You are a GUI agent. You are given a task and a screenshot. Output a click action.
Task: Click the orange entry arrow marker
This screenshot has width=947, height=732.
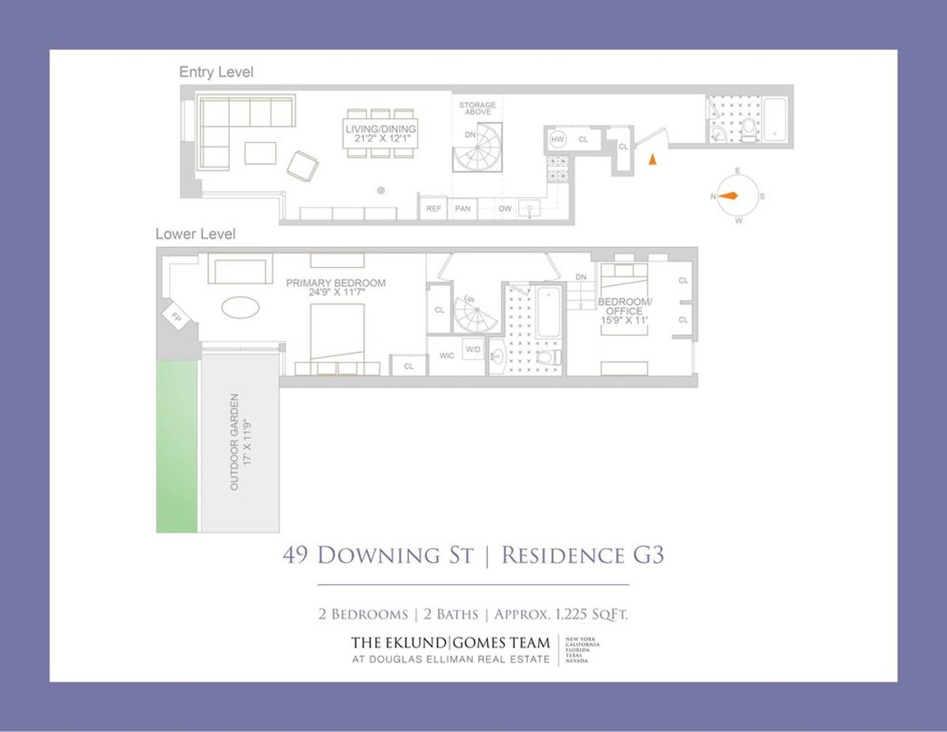click(652, 159)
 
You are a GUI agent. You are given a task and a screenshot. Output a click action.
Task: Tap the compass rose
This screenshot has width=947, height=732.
click(737, 196)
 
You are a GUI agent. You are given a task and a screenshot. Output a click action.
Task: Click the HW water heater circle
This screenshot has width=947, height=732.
click(557, 140)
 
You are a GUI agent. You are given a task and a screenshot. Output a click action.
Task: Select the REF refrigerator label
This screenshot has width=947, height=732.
click(433, 209)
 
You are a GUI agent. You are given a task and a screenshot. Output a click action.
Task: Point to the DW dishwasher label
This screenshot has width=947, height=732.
click(505, 209)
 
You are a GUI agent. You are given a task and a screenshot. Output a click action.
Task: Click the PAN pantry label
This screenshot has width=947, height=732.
click(463, 209)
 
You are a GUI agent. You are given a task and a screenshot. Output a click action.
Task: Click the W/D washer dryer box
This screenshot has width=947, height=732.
click(473, 349)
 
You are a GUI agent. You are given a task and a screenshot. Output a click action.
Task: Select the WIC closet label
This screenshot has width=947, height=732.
click(447, 356)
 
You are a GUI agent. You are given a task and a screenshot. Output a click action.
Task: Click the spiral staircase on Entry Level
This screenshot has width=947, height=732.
click(477, 147)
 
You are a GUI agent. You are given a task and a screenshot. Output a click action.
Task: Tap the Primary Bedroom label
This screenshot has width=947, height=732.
click(335, 287)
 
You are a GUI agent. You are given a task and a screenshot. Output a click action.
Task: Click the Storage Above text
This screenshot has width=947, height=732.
click(477, 109)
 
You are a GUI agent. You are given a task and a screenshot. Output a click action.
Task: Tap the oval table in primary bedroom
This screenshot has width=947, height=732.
click(241, 306)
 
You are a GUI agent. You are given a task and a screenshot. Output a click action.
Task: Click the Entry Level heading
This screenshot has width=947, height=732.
click(216, 72)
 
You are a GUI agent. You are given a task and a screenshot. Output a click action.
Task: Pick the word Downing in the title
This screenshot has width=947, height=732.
click(395, 555)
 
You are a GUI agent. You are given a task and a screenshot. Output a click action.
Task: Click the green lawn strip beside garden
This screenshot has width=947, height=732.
click(178, 446)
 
